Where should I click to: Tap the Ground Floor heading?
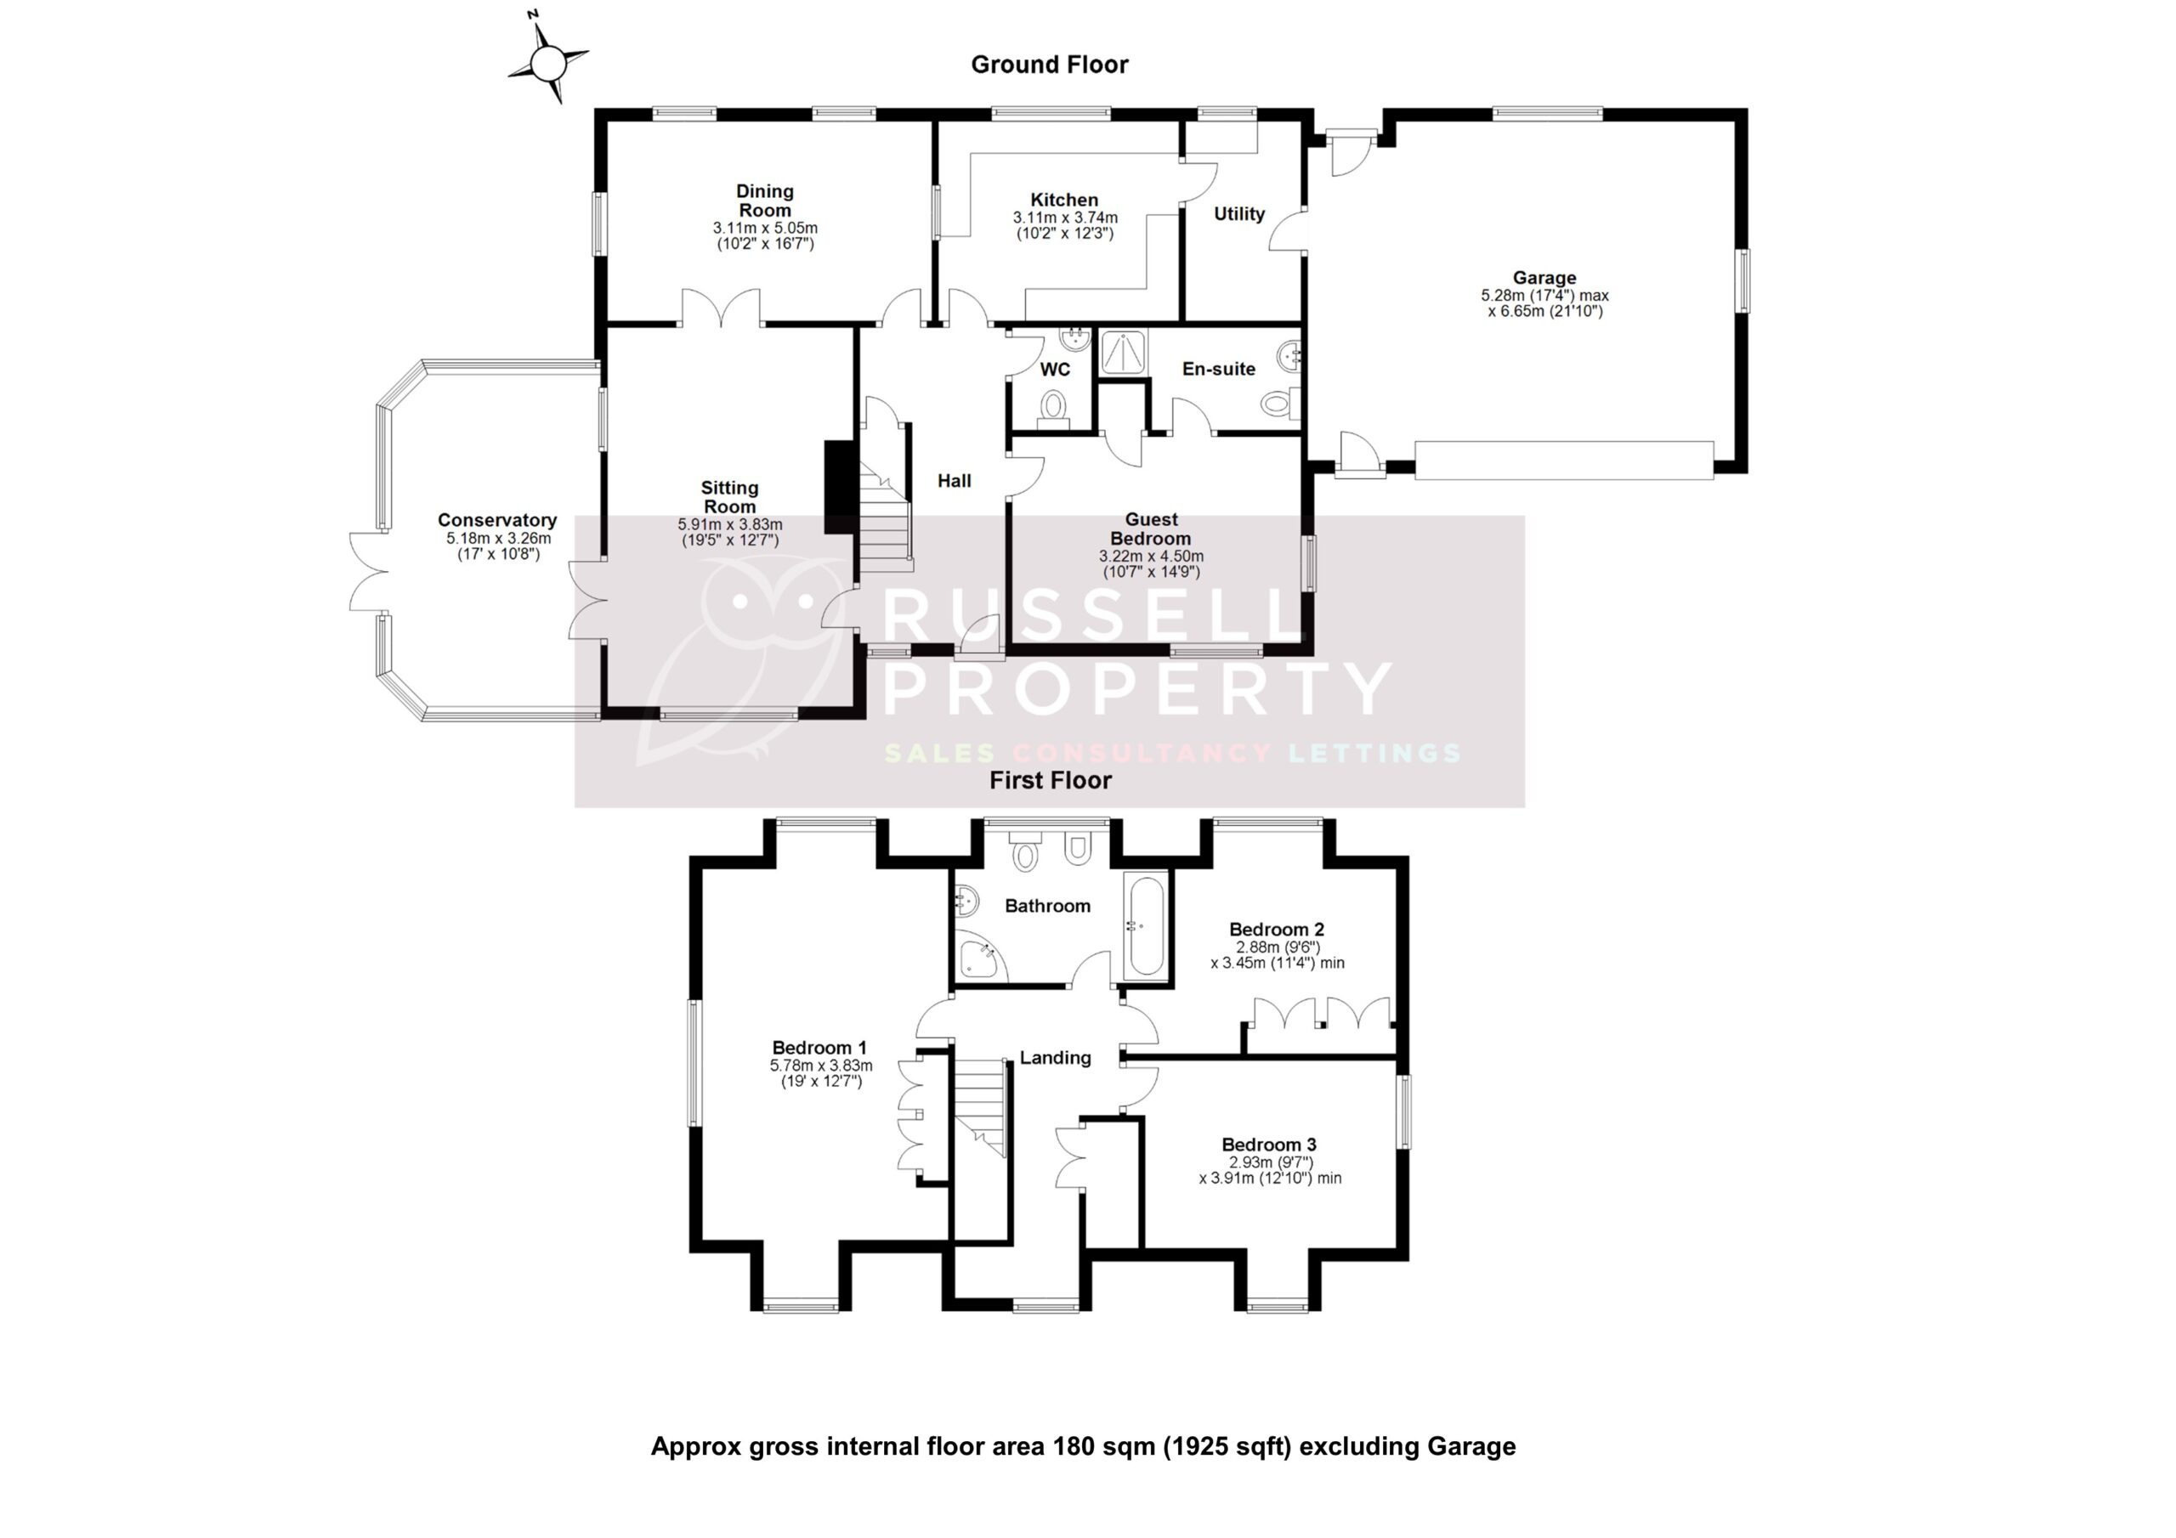tap(1049, 65)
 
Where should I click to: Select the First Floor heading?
tap(1050, 780)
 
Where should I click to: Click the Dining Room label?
tap(765, 201)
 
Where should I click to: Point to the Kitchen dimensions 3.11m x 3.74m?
tap(1064, 218)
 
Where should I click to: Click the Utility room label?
tap(1238, 214)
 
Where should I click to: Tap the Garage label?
tap(1544, 278)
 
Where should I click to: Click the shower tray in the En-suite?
tap(1123, 352)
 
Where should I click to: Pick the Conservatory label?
tap(496, 520)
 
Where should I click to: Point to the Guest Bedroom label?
tap(1151, 529)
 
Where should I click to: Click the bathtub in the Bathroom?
tap(1147, 926)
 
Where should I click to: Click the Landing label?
tap(1055, 1058)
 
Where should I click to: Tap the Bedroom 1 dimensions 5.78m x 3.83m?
tap(821, 1066)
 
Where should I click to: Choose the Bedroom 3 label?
tap(1268, 1145)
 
